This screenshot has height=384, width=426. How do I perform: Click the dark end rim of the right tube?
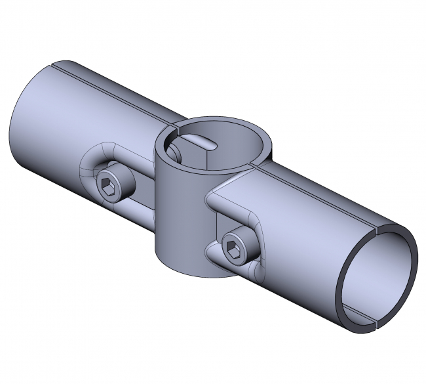[x=411, y=263]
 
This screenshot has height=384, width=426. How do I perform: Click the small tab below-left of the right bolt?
[x=212, y=253]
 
